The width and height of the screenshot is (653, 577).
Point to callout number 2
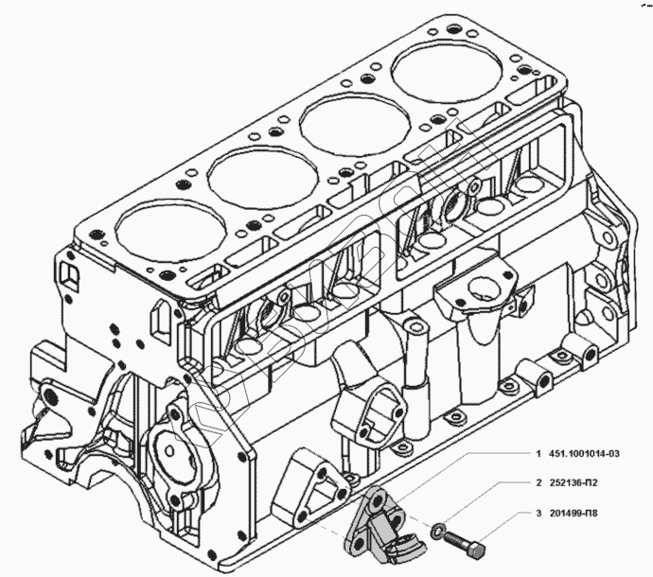pyautogui.click(x=538, y=482)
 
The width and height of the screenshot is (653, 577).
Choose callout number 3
pyautogui.click(x=538, y=515)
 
